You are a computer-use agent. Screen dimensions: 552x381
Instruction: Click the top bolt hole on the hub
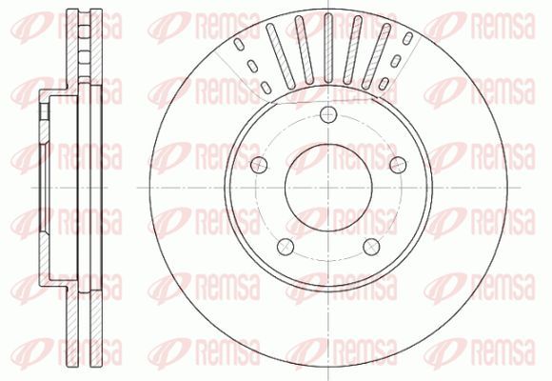328,114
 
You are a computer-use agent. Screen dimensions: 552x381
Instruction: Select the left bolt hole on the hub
259,165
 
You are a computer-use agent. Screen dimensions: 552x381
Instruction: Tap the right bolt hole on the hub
398,165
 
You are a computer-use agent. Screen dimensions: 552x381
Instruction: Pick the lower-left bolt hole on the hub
286,247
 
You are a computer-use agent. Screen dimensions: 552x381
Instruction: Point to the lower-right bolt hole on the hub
371,247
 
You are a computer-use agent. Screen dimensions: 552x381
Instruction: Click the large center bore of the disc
328,188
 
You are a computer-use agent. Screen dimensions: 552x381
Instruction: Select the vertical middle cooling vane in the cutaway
328,48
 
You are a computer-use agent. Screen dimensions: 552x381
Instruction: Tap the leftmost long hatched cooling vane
281,55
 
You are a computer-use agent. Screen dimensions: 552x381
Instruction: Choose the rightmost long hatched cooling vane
376,55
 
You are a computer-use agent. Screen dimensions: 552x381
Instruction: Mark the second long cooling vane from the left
305,50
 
